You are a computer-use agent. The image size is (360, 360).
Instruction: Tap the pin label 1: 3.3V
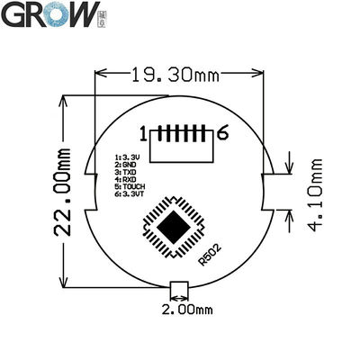click(125, 156)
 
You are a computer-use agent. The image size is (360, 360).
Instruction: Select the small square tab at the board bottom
click(179, 289)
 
